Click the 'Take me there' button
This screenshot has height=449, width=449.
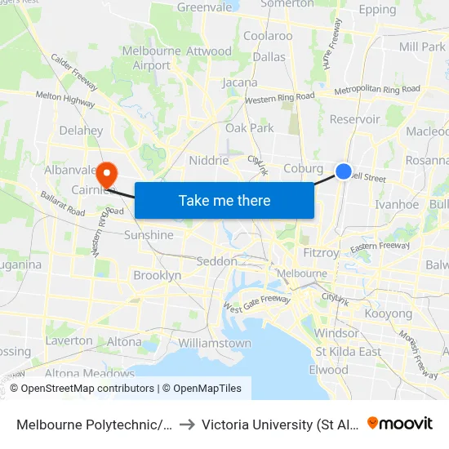click(x=224, y=200)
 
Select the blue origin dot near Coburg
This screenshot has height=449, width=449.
click(x=344, y=171)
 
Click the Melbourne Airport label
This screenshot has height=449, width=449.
click(x=152, y=58)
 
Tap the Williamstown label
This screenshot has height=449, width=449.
click(x=214, y=343)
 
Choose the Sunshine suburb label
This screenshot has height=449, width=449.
click(x=149, y=235)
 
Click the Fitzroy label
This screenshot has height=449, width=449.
click(x=321, y=253)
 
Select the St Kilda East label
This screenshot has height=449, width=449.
click(x=349, y=352)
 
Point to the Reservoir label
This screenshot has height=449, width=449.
click(x=355, y=119)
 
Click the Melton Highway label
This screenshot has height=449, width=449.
click(x=64, y=98)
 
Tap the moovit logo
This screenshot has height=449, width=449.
click(x=400, y=423)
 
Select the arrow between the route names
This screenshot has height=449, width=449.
click(x=188, y=424)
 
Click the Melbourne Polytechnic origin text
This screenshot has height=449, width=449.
click(x=95, y=424)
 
